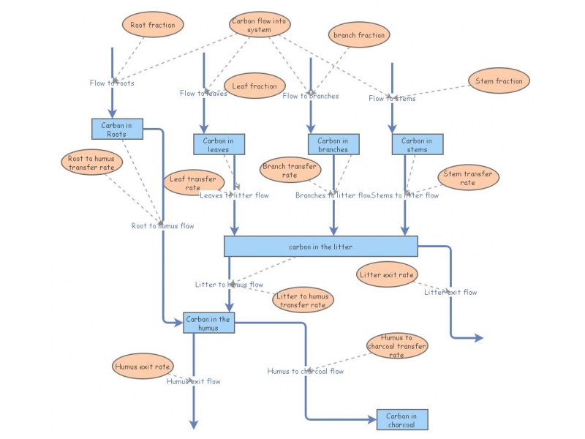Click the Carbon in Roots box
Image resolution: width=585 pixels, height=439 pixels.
(117, 129)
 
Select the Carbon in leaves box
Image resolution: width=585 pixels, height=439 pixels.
(219, 145)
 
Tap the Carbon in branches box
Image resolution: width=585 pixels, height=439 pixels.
(333, 145)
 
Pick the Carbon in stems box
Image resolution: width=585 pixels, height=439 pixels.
(417, 145)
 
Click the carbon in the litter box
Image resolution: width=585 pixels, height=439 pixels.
(320, 247)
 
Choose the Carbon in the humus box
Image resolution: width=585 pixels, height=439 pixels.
(208, 323)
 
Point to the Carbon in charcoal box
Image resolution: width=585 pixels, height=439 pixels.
(401, 420)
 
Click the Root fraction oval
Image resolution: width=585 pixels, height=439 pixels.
(153, 25)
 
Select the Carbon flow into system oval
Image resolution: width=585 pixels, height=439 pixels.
(260, 25)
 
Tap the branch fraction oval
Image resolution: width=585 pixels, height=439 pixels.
(359, 34)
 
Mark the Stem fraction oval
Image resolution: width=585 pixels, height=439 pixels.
(499, 81)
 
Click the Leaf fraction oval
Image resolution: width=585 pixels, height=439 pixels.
(254, 86)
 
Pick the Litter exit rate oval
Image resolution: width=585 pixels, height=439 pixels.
(388, 275)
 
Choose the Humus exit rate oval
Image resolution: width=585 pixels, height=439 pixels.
(143, 366)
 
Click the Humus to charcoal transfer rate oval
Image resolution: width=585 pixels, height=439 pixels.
(396, 346)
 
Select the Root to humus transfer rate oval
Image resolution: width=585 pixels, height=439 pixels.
(91, 162)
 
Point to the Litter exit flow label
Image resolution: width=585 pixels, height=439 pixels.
(450, 292)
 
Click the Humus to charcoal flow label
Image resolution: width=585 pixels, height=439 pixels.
(305, 371)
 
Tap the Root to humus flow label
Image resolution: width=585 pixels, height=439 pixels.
(162, 226)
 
